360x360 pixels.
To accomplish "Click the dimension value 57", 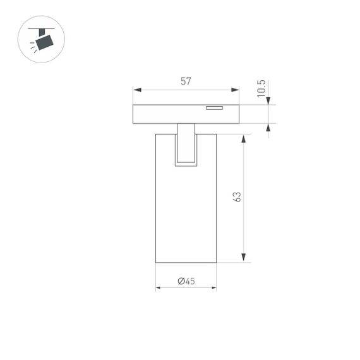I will click(x=186, y=81).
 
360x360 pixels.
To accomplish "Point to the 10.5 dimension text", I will click(x=261, y=88).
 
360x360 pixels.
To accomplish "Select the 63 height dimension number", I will click(x=237, y=196).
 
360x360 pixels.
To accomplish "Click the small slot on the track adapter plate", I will click(x=214, y=108).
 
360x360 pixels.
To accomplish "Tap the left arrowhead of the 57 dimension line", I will click(x=136, y=90).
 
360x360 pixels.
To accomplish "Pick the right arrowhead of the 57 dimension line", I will click(x=236, y=90).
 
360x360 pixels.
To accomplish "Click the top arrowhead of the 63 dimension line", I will click(x=243, y=138).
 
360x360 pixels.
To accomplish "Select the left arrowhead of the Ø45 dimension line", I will click(x=159, y=288).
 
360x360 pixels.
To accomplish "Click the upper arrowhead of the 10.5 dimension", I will click(x=268, y=102).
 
